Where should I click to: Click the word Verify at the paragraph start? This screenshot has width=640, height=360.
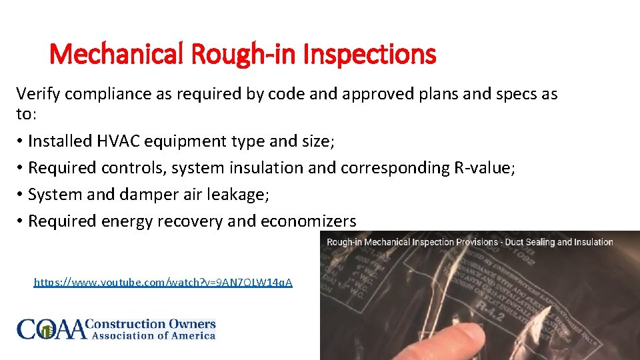37,94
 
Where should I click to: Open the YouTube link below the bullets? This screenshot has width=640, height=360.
163,283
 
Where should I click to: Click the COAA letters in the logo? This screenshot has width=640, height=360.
52,329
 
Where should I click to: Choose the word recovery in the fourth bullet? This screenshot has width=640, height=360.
190,221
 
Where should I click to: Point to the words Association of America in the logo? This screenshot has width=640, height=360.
153,336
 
